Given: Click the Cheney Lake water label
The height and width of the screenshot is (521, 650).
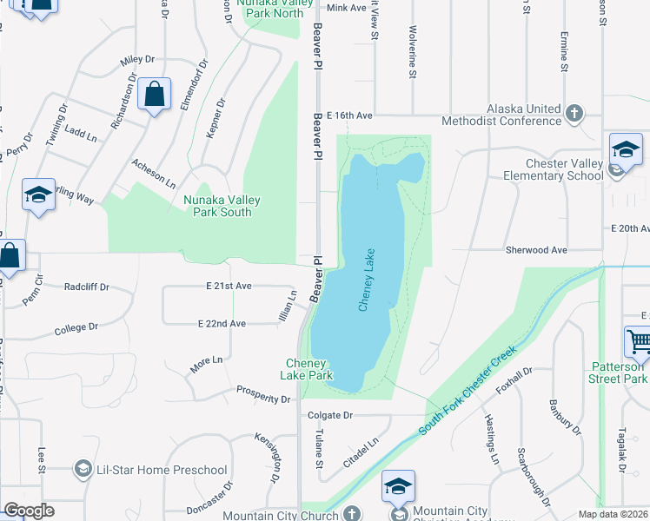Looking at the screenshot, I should pyautogui.click(x=368, y=279).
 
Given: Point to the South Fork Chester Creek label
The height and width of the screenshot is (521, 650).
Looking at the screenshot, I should pyautogui.click(x=467, y=392).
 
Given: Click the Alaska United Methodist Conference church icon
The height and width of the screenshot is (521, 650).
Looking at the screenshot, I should pyautogui.click(x=574, y=114).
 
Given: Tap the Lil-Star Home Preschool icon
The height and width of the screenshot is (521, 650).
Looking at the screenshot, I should pyautogui.click(x=83, y=470).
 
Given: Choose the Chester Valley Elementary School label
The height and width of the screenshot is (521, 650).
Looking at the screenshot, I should pyautogui.click(x=553, y=169).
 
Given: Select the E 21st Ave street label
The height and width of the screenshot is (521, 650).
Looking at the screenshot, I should pyautogui.click(x=229, y=286).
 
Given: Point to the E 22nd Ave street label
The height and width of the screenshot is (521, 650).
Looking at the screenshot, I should pyautogui.click(x=222, y=323).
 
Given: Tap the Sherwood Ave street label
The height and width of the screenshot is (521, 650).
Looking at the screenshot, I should pyautogui.click(x=536, y=250).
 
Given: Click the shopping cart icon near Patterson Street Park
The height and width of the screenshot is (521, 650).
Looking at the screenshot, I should pyautogui.click(x=638, y=340).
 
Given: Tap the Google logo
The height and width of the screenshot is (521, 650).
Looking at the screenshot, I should pyautogui.click(x=29, y=511).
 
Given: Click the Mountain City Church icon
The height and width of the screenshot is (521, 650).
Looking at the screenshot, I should pyautogui.click(x=350, y=514).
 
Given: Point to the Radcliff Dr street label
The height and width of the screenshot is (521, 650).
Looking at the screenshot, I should pyautogui.click(x=85, y=286).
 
